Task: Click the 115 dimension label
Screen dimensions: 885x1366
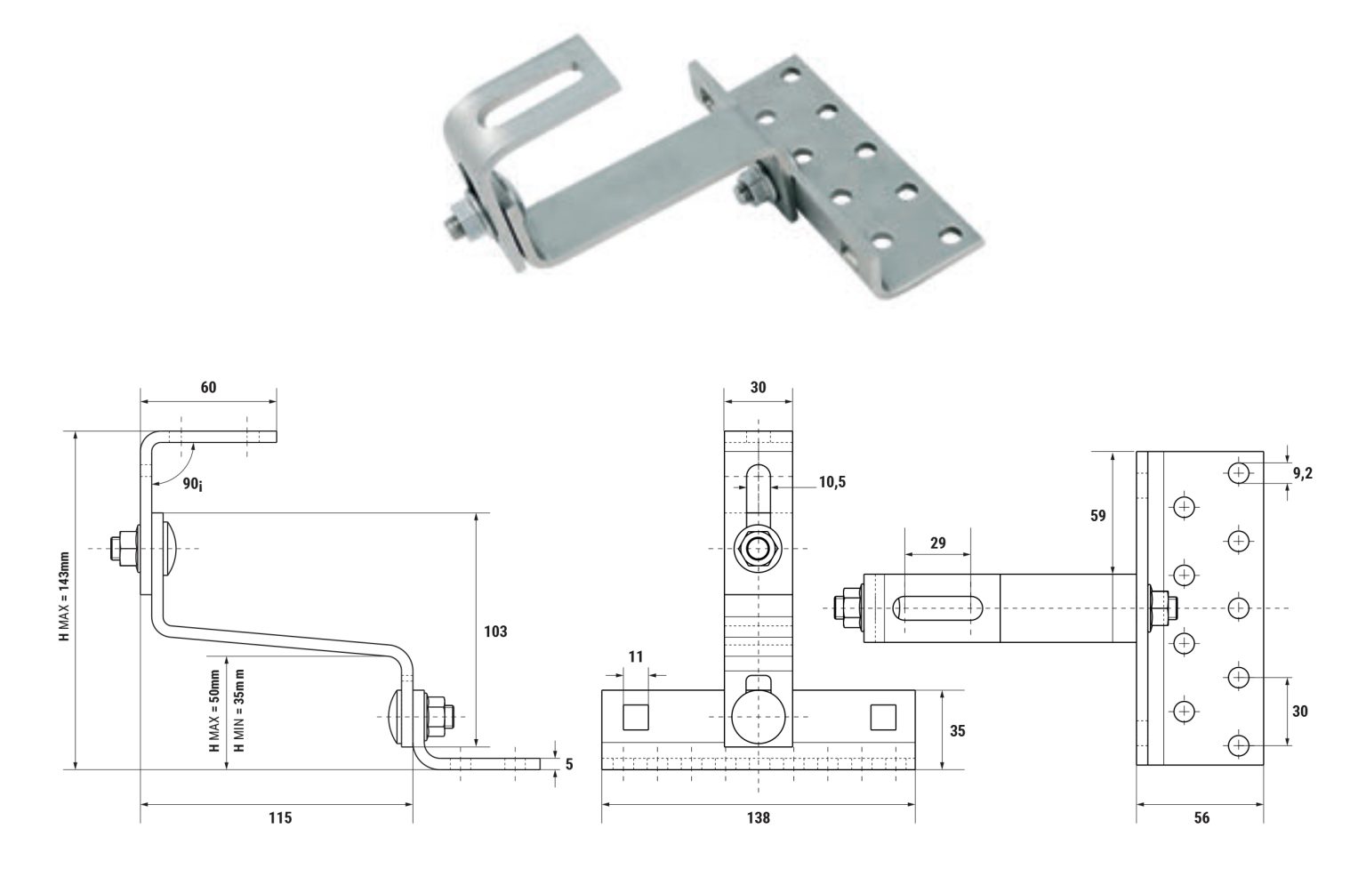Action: coord(280,817)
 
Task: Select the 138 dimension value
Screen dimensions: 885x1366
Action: coord(759,817)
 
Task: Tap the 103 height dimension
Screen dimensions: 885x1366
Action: coord(495,632)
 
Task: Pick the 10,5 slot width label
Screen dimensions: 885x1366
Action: coord(832,482)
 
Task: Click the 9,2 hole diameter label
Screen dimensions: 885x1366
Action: coord(1304,473)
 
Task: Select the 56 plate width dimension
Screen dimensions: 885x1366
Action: coord(1201,817)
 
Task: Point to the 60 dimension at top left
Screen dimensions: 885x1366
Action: coord(208,387)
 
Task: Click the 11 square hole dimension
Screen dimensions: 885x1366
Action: coord(636,656)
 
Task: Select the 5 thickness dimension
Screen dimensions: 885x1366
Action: coord(568,762)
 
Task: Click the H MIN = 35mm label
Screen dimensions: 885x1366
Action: coord(238,708)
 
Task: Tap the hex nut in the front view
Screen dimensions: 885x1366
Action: coord(758,549)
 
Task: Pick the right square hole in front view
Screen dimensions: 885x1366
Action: coord(882,716)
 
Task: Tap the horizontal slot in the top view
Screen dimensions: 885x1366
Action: coord(936,608)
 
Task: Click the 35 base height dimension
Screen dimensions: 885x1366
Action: coord(957,730)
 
